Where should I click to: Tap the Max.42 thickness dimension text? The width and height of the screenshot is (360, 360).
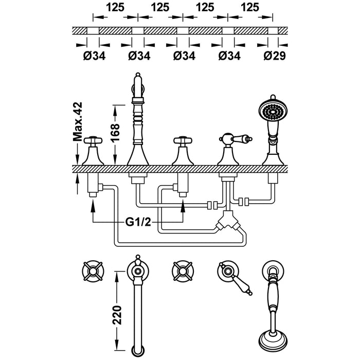click(78, 122)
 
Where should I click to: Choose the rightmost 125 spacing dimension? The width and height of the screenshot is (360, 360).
click(250, 8)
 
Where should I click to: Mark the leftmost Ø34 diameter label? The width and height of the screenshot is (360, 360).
click(94, 56)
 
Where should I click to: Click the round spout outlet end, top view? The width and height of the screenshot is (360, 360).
click(137, 351)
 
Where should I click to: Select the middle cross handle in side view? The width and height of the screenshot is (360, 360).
click(183, 140)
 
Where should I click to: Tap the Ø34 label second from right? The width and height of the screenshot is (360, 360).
click(228, 56)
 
